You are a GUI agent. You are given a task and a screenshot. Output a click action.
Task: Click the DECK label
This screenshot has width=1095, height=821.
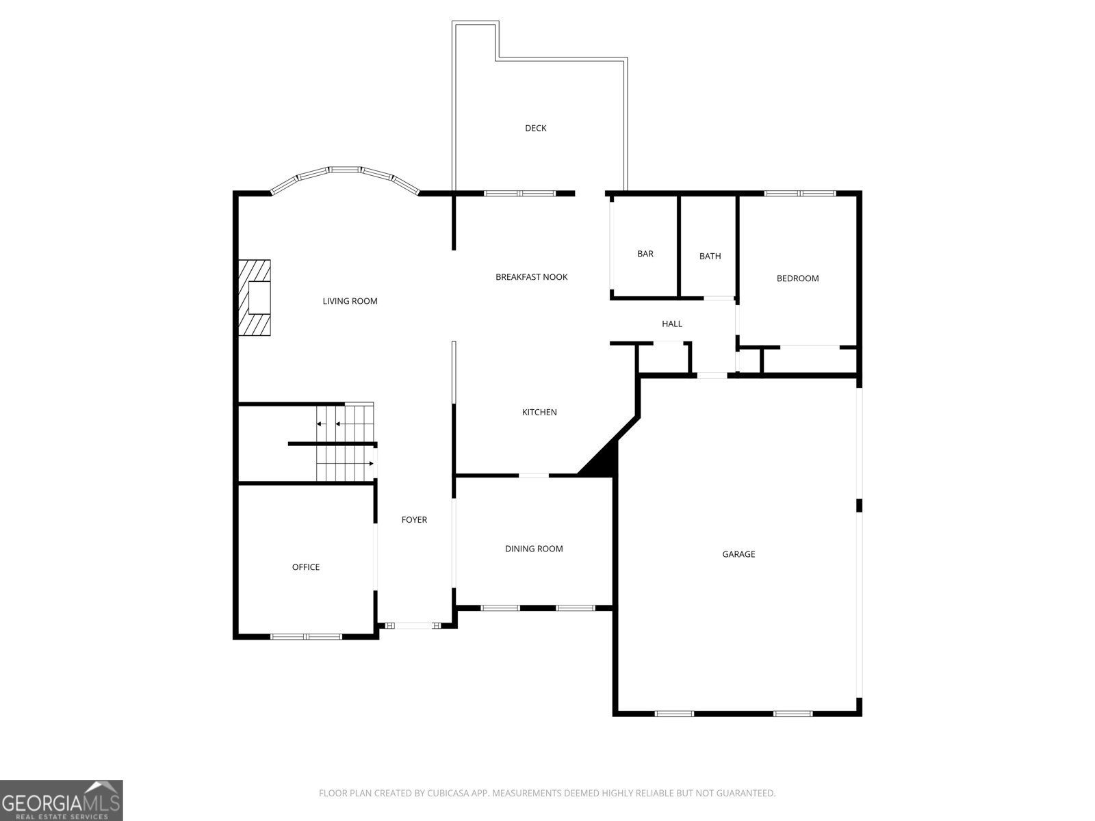coord(535,128)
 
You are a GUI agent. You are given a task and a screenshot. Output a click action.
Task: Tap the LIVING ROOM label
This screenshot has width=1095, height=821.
coord(350,301)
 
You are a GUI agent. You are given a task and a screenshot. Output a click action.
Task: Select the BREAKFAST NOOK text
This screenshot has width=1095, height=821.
coord(532,277)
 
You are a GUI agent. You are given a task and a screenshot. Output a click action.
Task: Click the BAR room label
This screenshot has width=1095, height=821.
coord(645,254)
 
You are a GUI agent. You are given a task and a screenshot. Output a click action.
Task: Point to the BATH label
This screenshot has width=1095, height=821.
coord(710,257)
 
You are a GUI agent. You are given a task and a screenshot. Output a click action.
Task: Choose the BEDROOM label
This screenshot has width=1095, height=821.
coord(797,278)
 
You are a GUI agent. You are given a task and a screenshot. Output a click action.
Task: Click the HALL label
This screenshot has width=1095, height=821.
coord(671,324)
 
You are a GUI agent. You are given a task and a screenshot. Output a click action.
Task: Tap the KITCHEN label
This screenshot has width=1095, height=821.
coord(539,412)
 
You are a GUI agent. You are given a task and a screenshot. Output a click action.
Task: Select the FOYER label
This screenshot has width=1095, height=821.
coord(413,520)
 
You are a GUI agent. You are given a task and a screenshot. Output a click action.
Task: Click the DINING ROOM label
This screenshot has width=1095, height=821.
coord(534,549)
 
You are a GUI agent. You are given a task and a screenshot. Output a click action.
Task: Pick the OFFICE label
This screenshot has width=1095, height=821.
coord(305,567)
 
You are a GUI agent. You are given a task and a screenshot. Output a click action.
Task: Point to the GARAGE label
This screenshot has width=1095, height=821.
coord(738,554)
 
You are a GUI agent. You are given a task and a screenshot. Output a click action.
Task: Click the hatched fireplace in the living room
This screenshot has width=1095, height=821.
coord(254,298)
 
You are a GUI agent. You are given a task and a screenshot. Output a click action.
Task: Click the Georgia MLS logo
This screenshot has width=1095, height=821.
coord(61,800)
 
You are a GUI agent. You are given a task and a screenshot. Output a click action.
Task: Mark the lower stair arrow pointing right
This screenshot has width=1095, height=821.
coord(370,463)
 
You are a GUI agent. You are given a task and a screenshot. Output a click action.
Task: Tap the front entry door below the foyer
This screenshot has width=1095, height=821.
coord(415,625)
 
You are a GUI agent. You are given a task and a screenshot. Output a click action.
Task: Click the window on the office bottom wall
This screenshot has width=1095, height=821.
coord(306,636)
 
